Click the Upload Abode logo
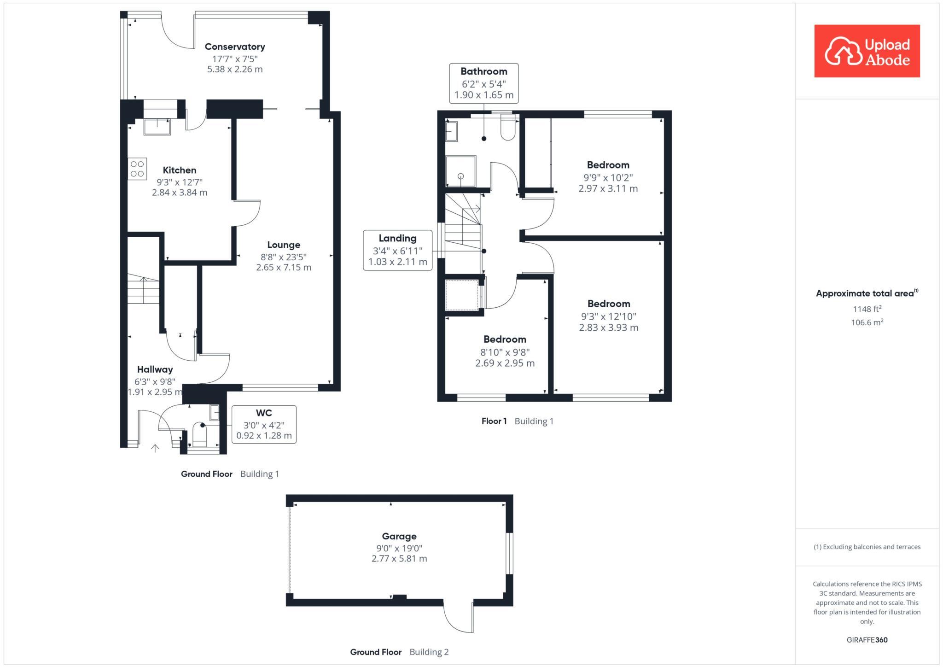click(867, 51)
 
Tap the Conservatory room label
click(235, 47)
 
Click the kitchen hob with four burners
click(137, 169)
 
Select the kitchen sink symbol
click(157, 126)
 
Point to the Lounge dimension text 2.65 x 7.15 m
click(284, 267)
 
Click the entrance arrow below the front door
click(155, 448)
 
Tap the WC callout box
click(264, 424)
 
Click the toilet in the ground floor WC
click(200, 435)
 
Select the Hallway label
click(155, 369)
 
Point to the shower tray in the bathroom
click(460, 171)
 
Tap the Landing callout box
click(397, 250)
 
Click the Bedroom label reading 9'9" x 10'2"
click(608, 176)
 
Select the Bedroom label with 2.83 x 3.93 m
click(608, 316)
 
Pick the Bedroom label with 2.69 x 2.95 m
click(505, 351)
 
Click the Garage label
click(399, 536)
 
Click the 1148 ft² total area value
click(867, 309)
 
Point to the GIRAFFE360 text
click(867, 640)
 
